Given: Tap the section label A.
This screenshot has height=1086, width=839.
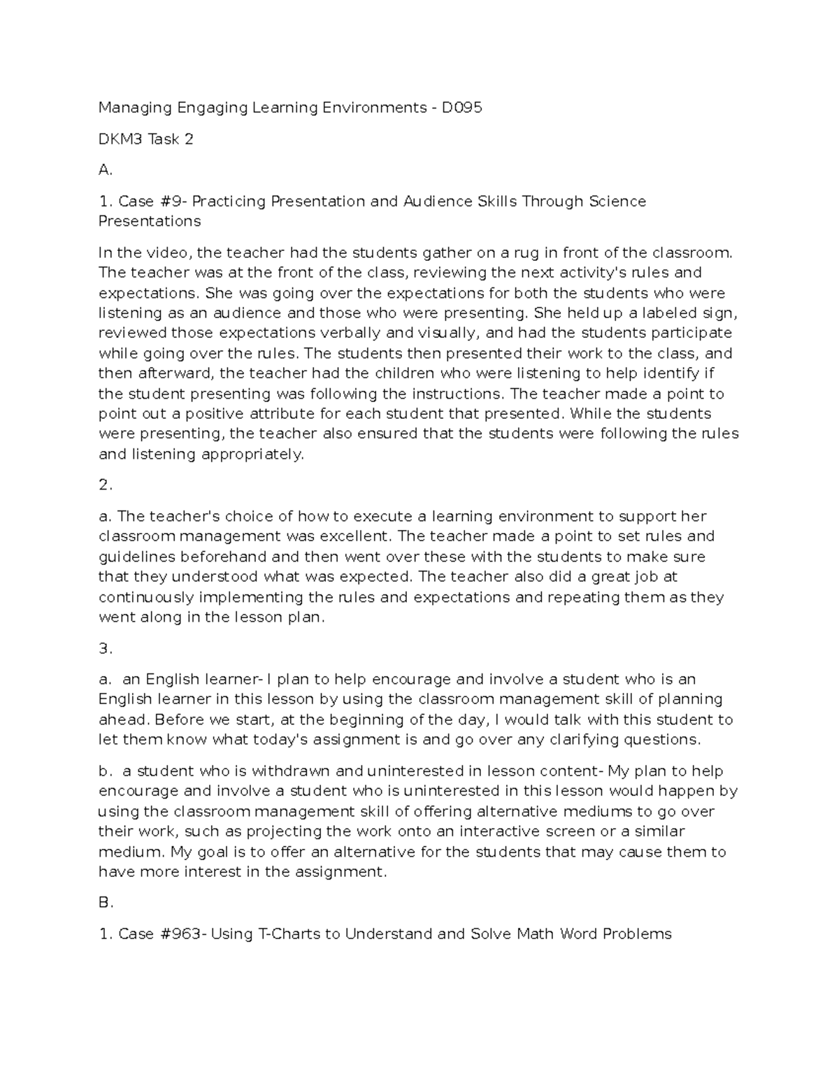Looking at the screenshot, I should pos(105,170).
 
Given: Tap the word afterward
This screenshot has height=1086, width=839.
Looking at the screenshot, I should pos(170,373).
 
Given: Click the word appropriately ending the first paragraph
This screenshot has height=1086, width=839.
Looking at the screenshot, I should pos(252,455).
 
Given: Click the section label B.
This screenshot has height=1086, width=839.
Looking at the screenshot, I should pos(106,903).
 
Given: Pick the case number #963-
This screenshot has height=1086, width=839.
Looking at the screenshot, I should pos(181,934).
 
